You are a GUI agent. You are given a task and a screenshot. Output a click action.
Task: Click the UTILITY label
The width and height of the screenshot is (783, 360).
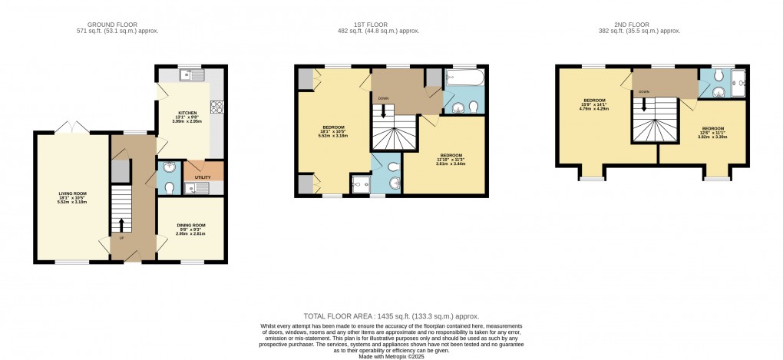coord(203,177)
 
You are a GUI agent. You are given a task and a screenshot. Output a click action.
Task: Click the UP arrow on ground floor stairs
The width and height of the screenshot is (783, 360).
coord(121,225)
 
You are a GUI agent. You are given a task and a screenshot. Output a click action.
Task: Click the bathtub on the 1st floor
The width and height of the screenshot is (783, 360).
coord(464,78)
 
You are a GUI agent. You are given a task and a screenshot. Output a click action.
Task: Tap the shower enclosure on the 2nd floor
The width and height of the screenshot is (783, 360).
coord(738,83)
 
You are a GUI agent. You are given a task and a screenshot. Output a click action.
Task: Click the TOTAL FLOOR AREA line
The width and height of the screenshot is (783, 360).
coord(391,315)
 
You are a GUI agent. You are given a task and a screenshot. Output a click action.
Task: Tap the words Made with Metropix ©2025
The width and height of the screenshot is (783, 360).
coord(391,356)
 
